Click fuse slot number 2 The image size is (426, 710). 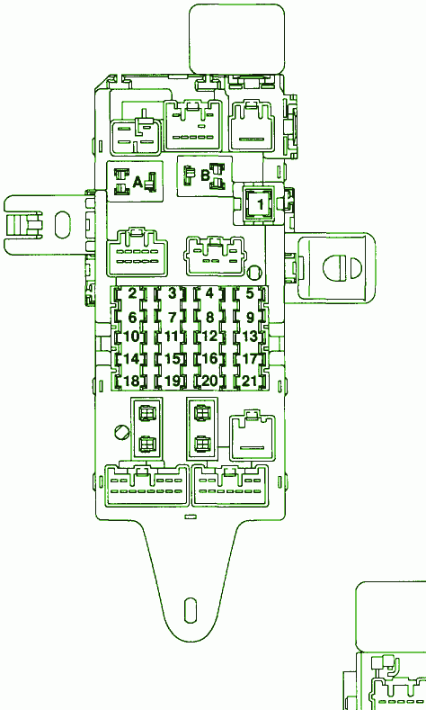click(x=131, y=293)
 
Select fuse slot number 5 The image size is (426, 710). click(x=250, y=293)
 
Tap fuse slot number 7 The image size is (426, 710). click(x=172, y=317)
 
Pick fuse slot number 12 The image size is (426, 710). click(x=209, y=337)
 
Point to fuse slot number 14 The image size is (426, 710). click(x=131, y=359)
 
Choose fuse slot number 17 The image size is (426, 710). click(x=250, y=359)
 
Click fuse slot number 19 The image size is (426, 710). click(x=172, y=382)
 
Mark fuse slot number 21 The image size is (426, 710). click(x=250, y=382)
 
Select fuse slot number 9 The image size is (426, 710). click(x=250, y=317)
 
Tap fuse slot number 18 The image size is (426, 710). click(x=131, y=382)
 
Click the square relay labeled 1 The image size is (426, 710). click(x=259, y=203)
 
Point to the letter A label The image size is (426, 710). click(x=138, y=183)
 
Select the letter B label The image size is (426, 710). click(x=205, y=175)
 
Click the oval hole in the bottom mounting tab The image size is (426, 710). click(x=191, y=610)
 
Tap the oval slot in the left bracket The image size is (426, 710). click(x=62, y=225)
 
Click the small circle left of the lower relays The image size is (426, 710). click(x=122, y=432)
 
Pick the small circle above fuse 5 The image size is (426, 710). click(x=254, y=273)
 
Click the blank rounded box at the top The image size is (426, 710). click(x=236, y=39)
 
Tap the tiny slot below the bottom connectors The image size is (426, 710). click(x=191, y=517)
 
